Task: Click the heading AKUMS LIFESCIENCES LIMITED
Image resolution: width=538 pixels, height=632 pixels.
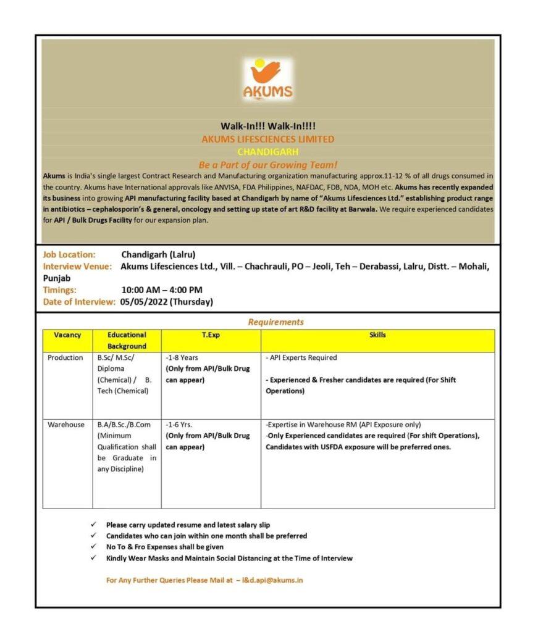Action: [x=268, y=139]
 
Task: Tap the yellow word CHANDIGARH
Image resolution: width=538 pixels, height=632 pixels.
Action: [x=268, y=152]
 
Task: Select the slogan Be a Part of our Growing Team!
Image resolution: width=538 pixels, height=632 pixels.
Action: [x=268, y=165]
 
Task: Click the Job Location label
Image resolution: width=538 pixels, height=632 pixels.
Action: [x=69, y=254]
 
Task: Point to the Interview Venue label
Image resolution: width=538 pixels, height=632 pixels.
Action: [x=77, y=266]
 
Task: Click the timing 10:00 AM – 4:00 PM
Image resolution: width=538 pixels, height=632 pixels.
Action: [x=162, y=289]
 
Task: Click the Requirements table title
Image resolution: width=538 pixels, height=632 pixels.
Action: [x=275, y=322]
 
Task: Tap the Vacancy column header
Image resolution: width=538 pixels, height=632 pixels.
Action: [x=67, y=335]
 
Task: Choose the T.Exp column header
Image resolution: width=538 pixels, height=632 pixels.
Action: [x=211, y=335]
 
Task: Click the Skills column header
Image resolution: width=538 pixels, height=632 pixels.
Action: [x=377, y=335]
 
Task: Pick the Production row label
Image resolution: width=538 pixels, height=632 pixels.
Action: [x=65, y=358]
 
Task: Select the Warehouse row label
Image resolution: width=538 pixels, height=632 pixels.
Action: [x=66, y=425]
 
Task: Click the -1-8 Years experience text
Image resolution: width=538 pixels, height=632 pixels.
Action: [x=182, y=358]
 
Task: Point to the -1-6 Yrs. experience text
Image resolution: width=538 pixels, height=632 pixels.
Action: [x=179, y=425]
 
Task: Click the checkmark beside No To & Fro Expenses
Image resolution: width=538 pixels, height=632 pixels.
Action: [x=93, y=547]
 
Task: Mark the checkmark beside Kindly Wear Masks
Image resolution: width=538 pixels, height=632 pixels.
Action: [x=93, y=558]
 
